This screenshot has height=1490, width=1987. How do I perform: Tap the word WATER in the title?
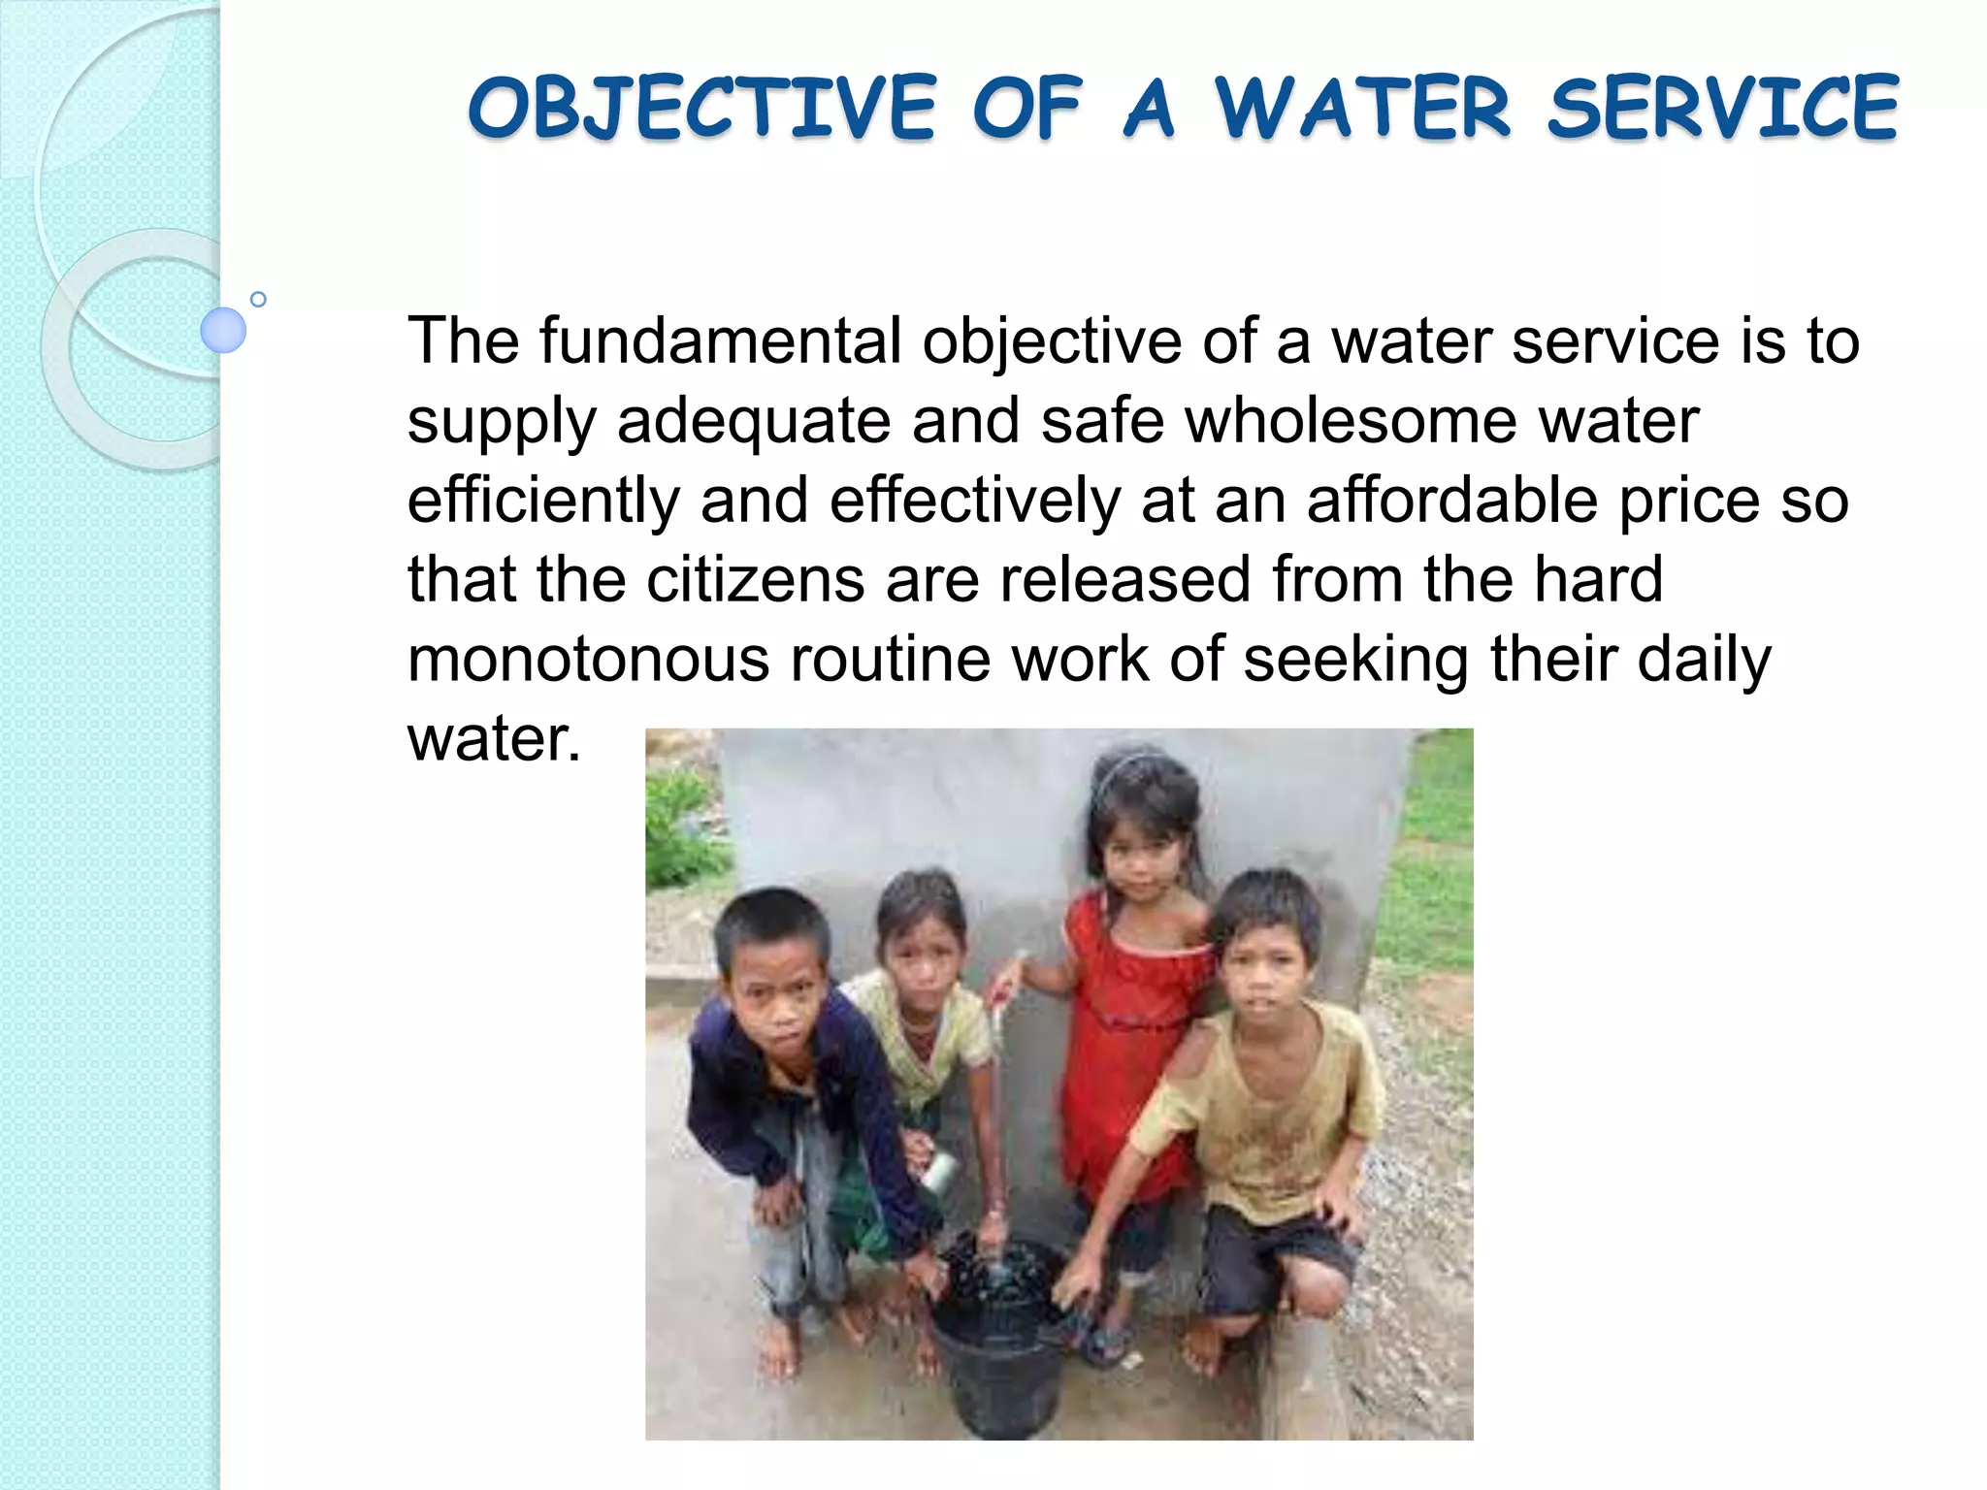tap(1364, 109)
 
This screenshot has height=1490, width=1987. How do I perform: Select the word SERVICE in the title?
tap(1723, 109)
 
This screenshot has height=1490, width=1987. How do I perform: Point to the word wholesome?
tap(1352, 421)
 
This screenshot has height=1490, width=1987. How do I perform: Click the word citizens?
tap(755, 580)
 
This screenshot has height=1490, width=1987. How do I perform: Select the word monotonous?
tap(588, 660)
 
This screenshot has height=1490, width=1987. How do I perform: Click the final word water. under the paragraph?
tap(494, 739)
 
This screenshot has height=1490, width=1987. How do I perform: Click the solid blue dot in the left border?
tap(223, 330)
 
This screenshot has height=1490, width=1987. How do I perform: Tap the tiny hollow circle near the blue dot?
tap(258, 299)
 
